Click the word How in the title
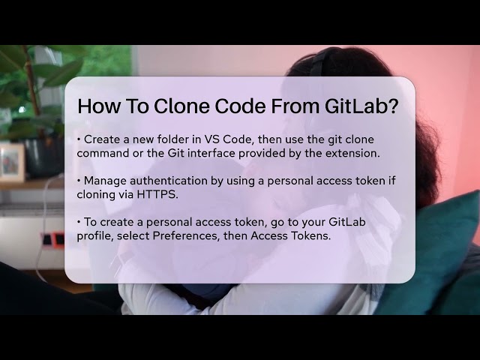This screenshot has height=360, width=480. point(97,106)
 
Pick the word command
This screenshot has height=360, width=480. point(103,154)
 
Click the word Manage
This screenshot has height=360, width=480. point(106,181)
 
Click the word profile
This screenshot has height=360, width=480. point(95,236)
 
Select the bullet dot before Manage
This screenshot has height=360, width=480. point(79,181)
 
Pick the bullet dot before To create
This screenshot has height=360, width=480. point(79,222)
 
